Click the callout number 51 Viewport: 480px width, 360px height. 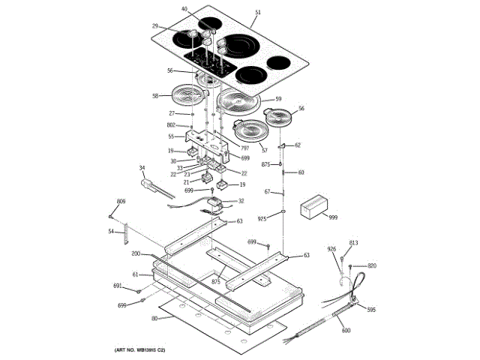click(258, 13)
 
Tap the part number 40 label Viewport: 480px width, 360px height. click(184, 9)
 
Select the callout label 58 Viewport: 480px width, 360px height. click(155, 96)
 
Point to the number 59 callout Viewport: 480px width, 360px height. click(277, 99)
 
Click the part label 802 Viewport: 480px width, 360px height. click(171, 125)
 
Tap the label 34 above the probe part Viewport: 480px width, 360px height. click(142, 168)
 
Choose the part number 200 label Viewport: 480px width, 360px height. click(136, 255)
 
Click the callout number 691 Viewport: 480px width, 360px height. click(118, 286)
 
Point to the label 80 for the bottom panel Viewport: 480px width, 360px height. click(154, 318)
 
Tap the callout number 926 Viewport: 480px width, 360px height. click(332, 249)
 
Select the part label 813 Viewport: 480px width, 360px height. click(354, 243)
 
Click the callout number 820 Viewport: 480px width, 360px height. click(371, 266)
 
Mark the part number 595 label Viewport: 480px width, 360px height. click(370, 310)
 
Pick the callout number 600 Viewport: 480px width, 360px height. click(346, 331)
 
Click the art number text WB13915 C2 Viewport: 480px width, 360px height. click(139, 350)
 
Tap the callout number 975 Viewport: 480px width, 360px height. click(262, 218)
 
